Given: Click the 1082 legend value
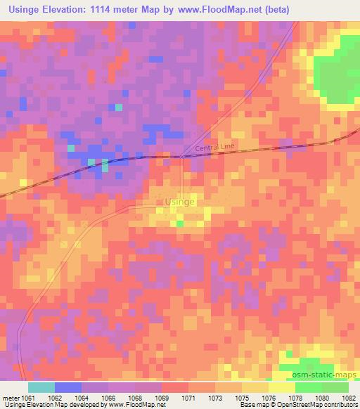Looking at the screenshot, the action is coord(349,397).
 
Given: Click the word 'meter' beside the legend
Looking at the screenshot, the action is coord(12,397).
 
